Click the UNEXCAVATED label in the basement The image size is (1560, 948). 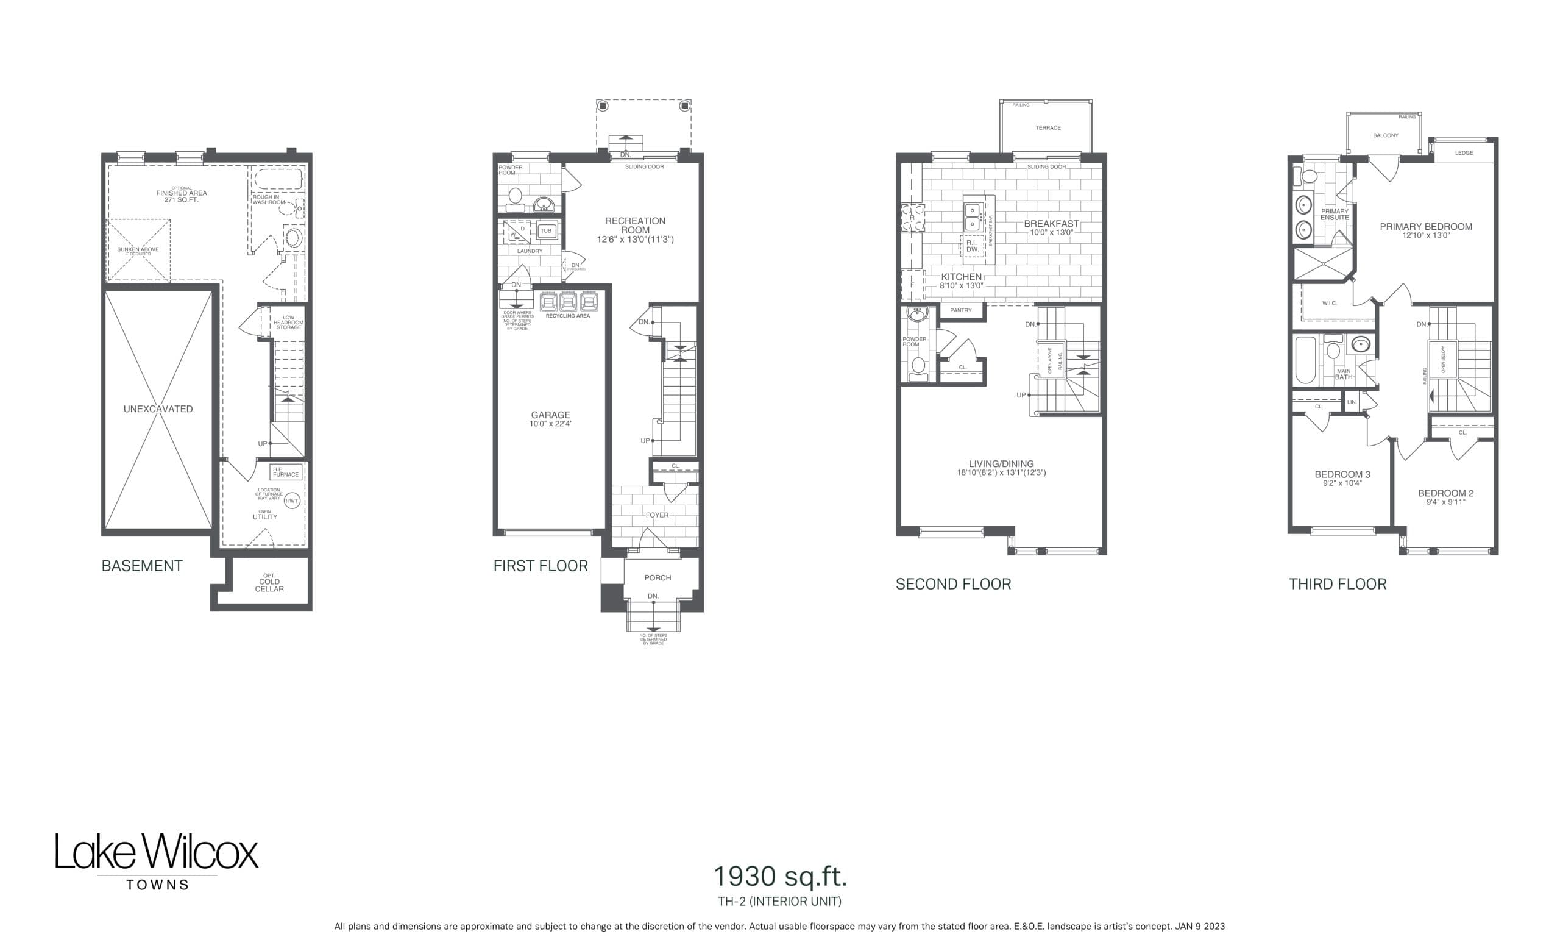(x=158, y=409)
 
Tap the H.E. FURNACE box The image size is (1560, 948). (x=286, y=472)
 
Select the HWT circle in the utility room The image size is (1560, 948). (x=291, y=501)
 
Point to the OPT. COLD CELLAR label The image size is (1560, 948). (x=269, y=583)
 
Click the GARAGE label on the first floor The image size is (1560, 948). (x=550, y=415)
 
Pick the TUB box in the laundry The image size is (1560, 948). (x=546, y=231)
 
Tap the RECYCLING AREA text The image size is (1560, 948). (x=567, y=316)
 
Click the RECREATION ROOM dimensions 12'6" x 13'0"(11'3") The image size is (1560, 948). (x=635, y=240)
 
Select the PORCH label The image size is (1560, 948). (x=657, y=577)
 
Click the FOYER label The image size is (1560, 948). (x=656, y=515)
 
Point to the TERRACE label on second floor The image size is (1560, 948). (x=1048, y=128)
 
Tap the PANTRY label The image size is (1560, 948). (x=960, y=310)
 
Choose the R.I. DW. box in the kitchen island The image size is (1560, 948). (x=972, y=246)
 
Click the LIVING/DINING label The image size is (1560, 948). (x=1001, y=463)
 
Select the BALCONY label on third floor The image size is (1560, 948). (x=1385, y=135)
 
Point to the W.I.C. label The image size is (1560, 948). (x=1329, y=304)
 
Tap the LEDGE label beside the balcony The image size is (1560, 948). (x=1464, y=153)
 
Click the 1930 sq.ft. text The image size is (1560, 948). (x=779, y=877)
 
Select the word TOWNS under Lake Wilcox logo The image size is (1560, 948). (x=158, y=885)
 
